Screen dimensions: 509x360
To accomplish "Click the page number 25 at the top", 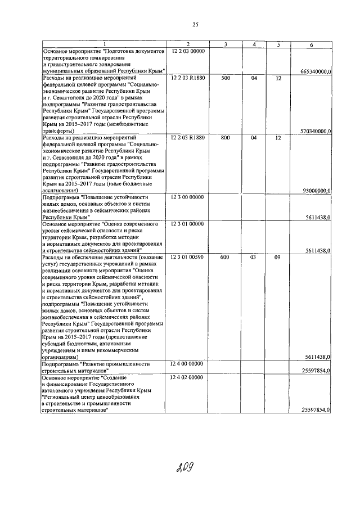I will pos(196,24).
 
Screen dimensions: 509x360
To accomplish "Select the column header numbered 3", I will pos(225,44).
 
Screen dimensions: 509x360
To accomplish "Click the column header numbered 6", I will pos(310,44).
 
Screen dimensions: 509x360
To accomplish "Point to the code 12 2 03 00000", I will pos(188,51).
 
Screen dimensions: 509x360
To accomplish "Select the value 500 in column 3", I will pos(225,78).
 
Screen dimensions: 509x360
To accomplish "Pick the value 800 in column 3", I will pos(225,137).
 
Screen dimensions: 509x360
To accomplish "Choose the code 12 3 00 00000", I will pos(188,197).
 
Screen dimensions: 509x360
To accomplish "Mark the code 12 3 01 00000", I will pos(188,224).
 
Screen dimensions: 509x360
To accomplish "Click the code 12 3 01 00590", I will pos(188,257).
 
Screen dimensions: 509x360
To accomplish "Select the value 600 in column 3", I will pos(225,257).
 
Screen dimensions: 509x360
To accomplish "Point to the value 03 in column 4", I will pos(254,257).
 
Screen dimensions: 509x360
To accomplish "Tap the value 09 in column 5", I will pos(277,257).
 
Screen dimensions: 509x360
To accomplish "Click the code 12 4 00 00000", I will pos(188,364).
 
